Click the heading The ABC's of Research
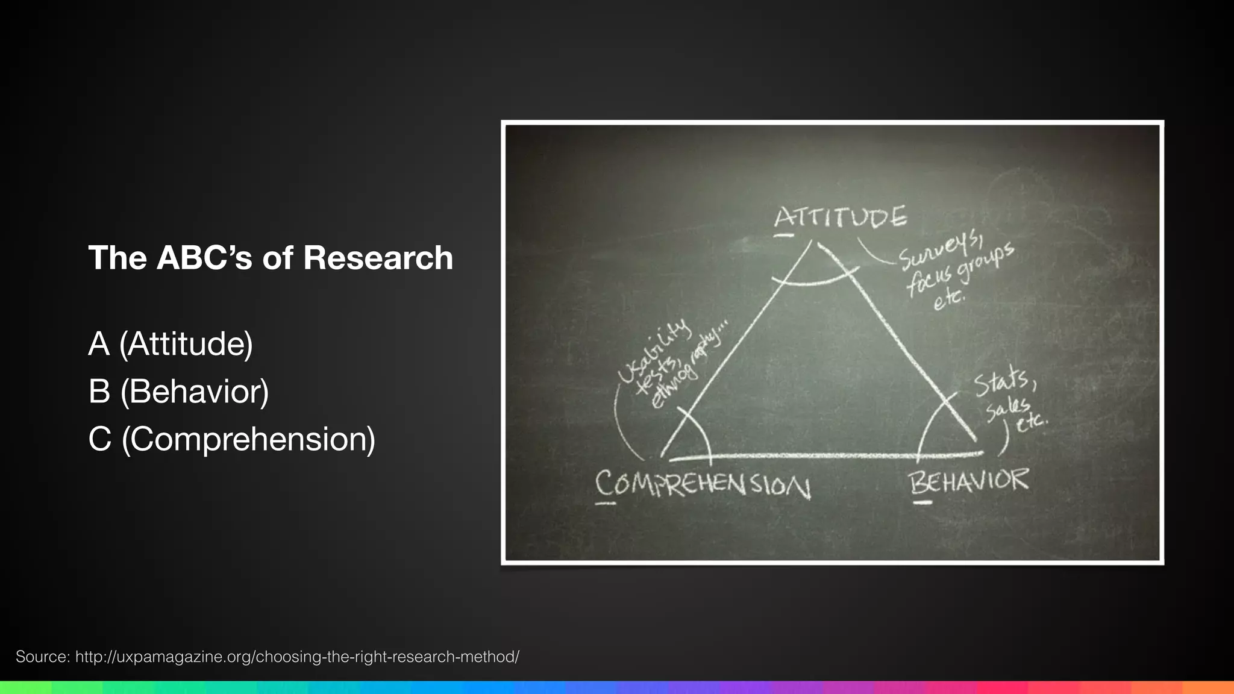(271, 258)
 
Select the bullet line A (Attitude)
(171, 344)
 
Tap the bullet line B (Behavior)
(178, 392)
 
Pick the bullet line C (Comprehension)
(231, 439)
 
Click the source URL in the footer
(297, 657)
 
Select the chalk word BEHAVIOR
(969, 481)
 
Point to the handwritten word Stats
(1004, 383)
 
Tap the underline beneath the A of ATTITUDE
(783, 236)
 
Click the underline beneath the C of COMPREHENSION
(606, 502)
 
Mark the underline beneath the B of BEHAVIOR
(922, 502)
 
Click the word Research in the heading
(378, 258)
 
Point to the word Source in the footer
(42, 657)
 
